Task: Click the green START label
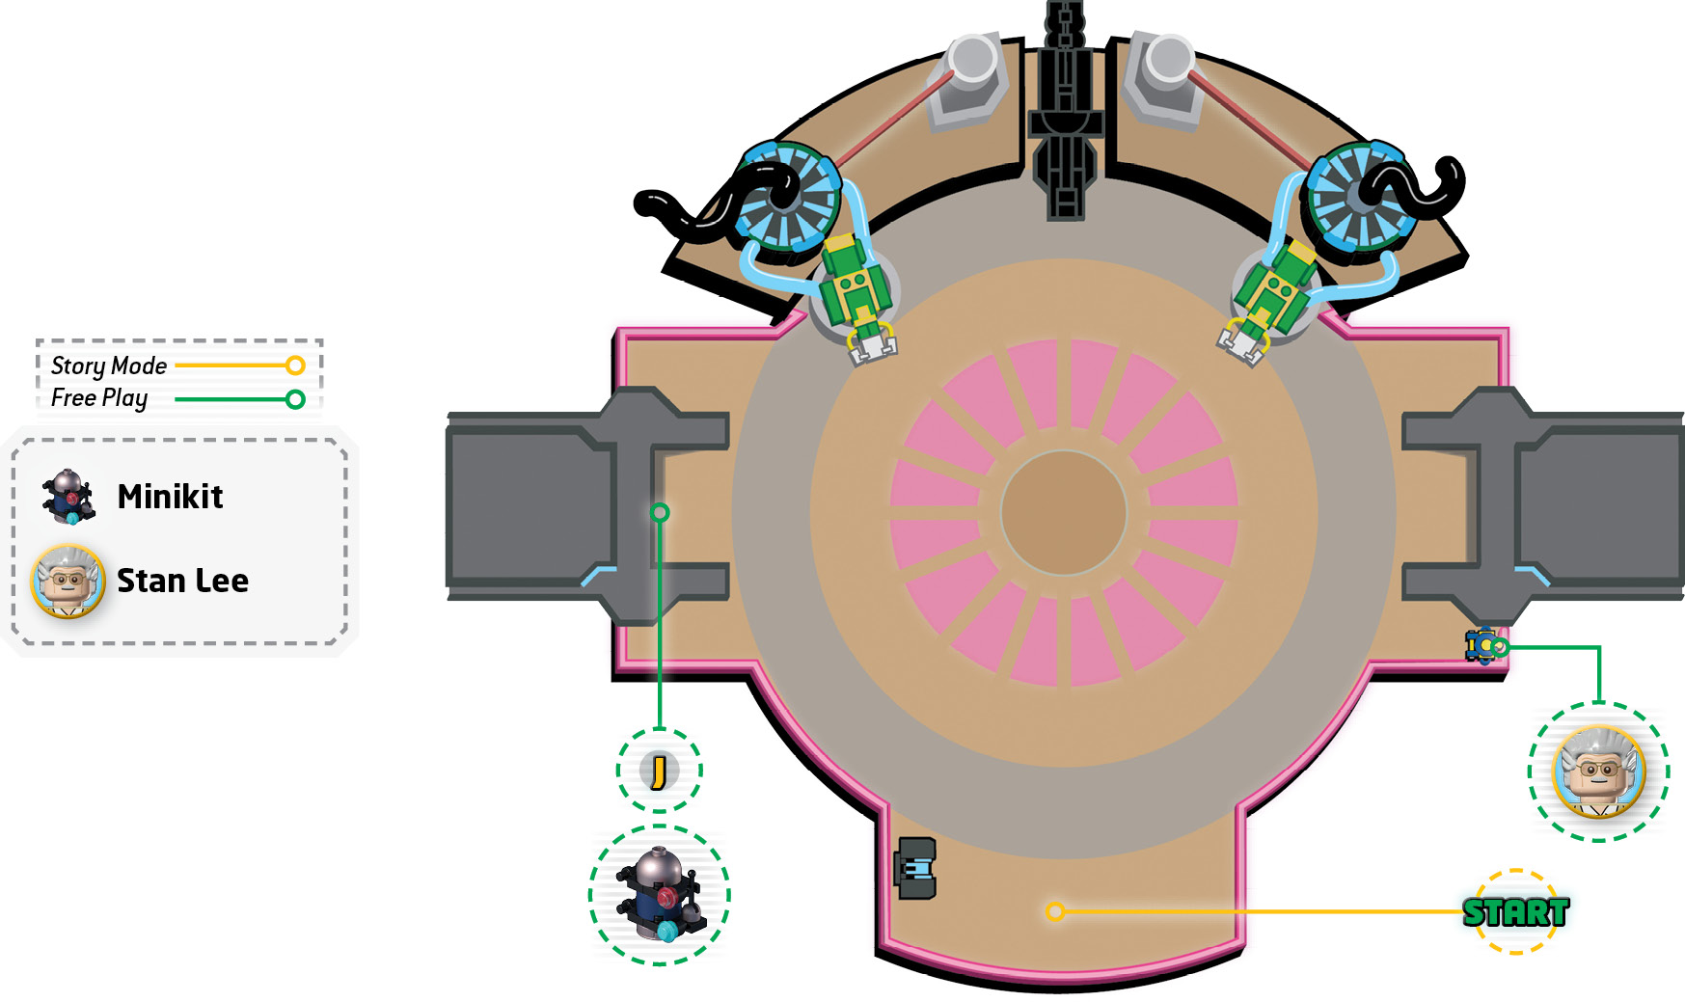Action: [x=1515, y=912]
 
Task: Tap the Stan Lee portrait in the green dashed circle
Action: [x=1598, y=772]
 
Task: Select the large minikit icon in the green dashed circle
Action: [x=660, y=894]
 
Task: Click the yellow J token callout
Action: [x=660, y=771]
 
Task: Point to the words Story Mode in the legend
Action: [x=109, y=366]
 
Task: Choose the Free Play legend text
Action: [x=99, y=398]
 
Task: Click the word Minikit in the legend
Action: [x=170, y=497]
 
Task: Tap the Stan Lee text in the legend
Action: [x=182, y=581]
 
